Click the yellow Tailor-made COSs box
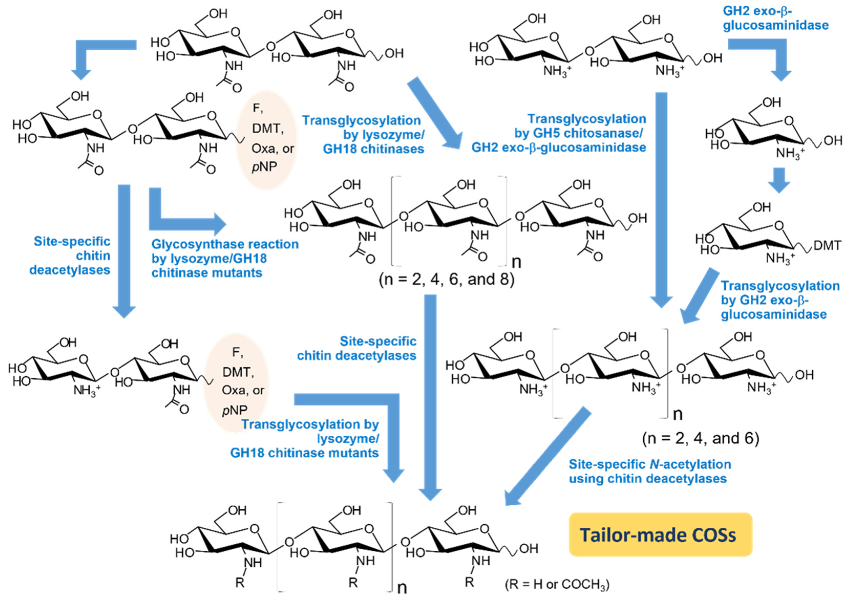[x=660, y=535]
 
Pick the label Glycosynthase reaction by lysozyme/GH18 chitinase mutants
[x=225, y=258]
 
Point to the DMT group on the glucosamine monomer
[x=827, y=245]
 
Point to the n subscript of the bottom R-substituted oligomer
[x=402, y=588]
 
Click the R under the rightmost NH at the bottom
[x=470, y=582]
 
